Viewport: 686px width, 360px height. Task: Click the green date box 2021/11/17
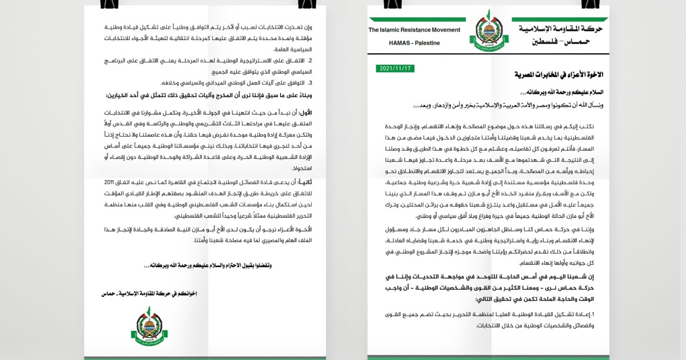396,69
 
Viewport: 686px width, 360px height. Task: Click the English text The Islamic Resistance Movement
414,30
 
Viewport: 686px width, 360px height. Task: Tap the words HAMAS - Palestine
414,43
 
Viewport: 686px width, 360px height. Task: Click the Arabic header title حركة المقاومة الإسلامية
560,29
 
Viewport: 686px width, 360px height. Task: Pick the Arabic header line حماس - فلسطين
560,42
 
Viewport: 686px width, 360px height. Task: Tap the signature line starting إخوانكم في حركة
148,293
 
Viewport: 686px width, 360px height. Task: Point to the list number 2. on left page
310,60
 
